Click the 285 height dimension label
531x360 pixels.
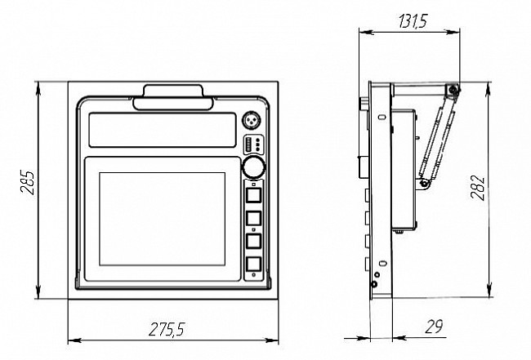coord(28,182)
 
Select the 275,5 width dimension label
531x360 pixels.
coord(167,329)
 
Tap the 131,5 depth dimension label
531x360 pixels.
coord(413,20)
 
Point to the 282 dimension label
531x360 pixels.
coord(478,188)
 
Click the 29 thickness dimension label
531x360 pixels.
coord(434,327)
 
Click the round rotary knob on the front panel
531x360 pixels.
coord(253,167)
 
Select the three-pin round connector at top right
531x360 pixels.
coord(253,121)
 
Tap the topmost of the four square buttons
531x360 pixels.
coord(253,195)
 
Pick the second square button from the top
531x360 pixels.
coord(253,218)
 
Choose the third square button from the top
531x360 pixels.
coord(253,241)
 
